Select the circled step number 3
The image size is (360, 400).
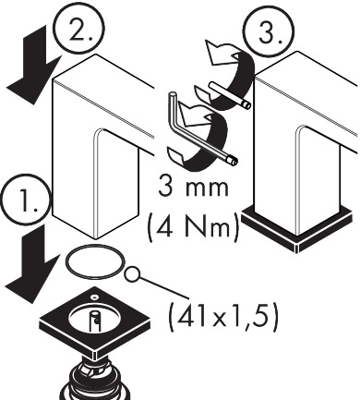coord(269,30)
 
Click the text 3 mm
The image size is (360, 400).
coord(194,188)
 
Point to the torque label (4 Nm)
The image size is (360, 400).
coord(193,225)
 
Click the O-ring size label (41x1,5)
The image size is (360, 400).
coord(223,317)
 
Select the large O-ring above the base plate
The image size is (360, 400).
coord(95,262)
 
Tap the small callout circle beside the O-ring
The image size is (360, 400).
coord(132,273)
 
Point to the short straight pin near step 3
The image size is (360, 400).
coord(230,95)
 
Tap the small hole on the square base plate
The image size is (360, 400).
coord(95,297)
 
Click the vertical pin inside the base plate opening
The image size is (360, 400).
coord(94,321)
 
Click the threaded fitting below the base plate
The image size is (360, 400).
coord(94,379)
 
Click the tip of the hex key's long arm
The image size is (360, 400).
coord(234,161)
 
